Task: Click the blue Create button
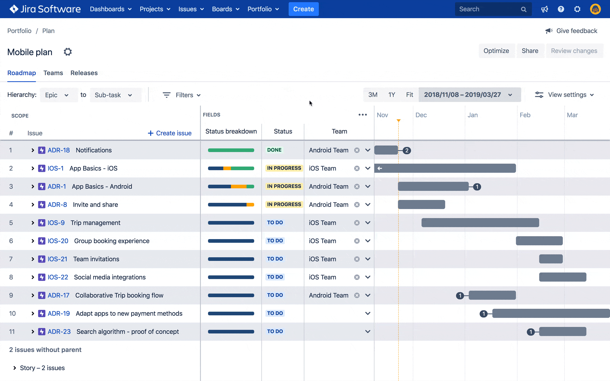tap(303, 9)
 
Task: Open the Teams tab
tap(53, 73)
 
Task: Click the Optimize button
tap(496, 51)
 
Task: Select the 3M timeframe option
tap(373, 95)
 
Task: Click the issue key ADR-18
tap(59, 150)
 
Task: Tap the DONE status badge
tap(274, 150)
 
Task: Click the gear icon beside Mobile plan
tap(68, 52)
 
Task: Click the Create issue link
tap(169, 133)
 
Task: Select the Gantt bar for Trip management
tap(480, 223)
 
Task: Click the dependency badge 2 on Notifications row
tap(407, 151)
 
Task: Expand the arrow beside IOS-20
tap(32, 241)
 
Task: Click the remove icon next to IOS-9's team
tap(357, 223)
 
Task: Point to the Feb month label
tap(525, 115)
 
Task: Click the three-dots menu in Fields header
tap(363, 115)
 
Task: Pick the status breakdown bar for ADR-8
tap(231, 205)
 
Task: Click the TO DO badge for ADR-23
tap(275, 331)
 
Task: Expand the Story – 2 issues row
tap(15, 368)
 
